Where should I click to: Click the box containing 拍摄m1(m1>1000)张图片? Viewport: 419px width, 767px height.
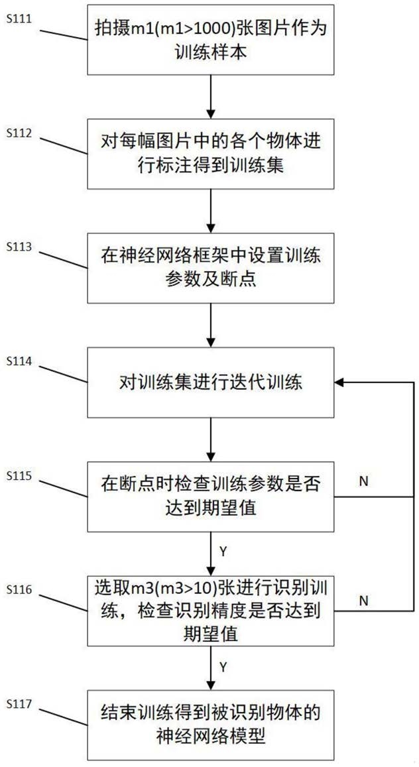pyautogui.click(x=211, y=40)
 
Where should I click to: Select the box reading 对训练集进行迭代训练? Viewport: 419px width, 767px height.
pyautogui.click(x=211, y=383)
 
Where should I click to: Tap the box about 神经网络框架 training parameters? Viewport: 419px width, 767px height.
pyautogui.click(x=211, y=268)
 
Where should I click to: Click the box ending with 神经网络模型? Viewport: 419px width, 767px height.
pyautogui.click(x=211, y=725)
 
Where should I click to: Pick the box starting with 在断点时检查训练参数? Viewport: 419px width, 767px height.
pyautogui.click(x=211, y=497)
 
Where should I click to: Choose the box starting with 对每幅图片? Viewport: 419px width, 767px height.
pyautogui.click(x=211, y=154)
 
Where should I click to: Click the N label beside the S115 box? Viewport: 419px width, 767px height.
pyautogui.click(x=363, y=481)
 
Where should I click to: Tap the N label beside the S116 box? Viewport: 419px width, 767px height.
pyautogui.click(x=363, y=600)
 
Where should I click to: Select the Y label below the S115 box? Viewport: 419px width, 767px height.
pyautogui.click(x=223, y=552)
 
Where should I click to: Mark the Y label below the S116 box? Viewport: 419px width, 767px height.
pyautogui.click(x=223, y=666)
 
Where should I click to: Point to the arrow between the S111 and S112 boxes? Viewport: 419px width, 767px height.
pyautogui.click(x=211, y=97)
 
